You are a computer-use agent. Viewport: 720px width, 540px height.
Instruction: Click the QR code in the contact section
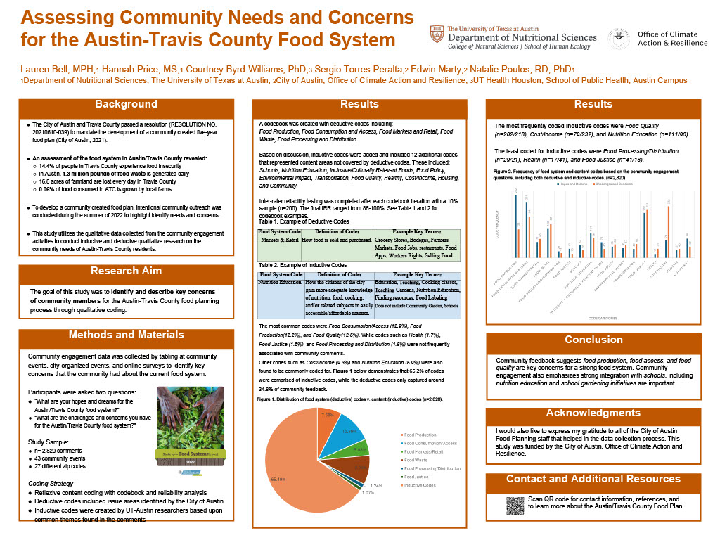point(515,506)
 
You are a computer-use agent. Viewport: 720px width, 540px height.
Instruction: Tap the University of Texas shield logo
point(437,34)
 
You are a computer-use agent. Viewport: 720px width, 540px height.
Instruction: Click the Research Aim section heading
point(126,271)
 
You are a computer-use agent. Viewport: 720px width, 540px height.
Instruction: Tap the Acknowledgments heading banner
point(593,413)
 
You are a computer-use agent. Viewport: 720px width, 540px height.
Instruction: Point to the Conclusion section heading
point(593,340)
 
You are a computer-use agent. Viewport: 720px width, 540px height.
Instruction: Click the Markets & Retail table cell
point(278,240)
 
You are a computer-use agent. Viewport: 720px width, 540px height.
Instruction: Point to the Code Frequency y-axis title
point(498,226)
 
